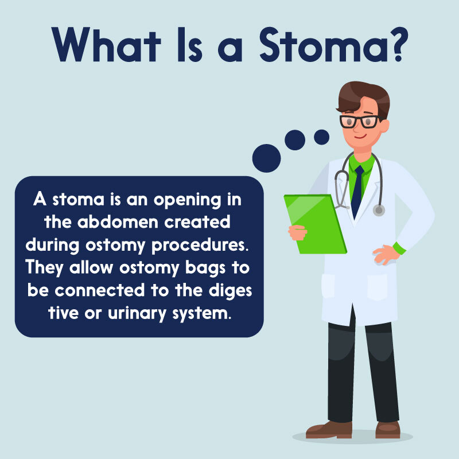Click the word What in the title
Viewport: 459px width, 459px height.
click(112, 44)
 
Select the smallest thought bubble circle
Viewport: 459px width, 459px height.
click(321, 137)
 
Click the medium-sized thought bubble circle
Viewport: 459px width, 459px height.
click(295, 140)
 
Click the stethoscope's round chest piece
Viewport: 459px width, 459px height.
click(379, 210)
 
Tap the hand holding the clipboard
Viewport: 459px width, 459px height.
click(298, 232)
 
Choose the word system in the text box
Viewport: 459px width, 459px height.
click(196, 313)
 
